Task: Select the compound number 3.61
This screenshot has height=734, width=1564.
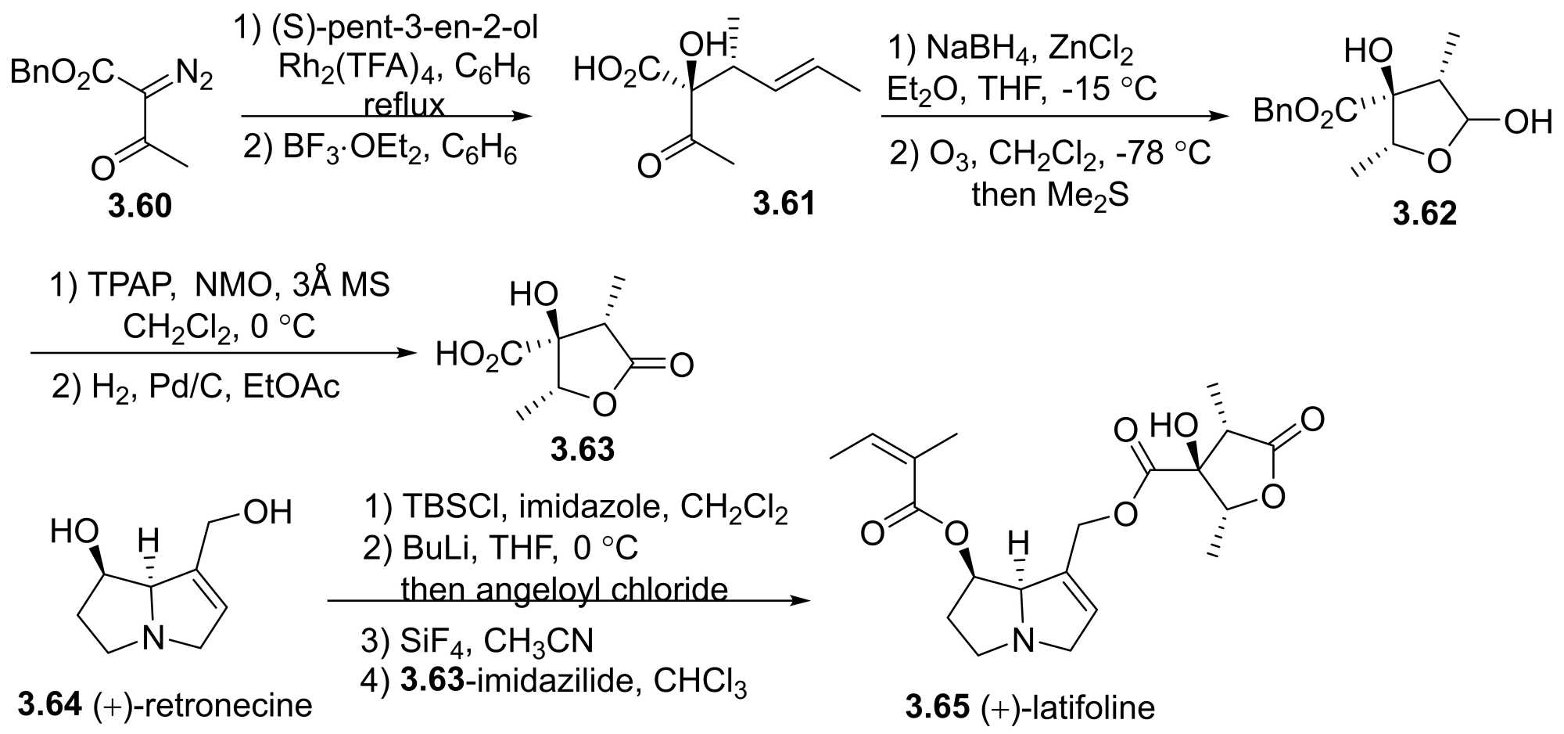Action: (x=784, y=203)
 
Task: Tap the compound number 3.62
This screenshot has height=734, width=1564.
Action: (x=1425, y=213)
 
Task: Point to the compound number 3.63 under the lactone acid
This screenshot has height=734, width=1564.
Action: (x=583, y=449)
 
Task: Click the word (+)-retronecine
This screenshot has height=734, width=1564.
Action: (x=203, y=705)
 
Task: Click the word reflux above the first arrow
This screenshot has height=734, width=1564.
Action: (x=404, y=104)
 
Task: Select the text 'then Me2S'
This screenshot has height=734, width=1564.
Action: (x=1049, y=193)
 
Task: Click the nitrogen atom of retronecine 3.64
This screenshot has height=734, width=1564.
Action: (x=154, y=640)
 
